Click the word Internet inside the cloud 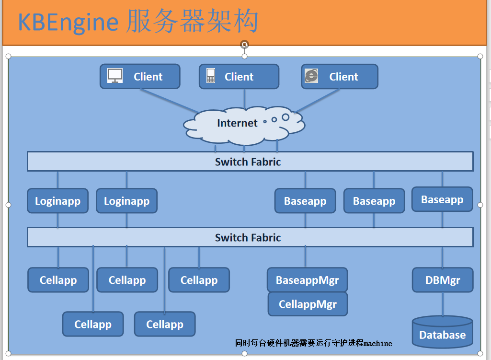(x=237, y=123)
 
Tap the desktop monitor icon (x=115, y=76)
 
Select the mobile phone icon (x=211, y=76)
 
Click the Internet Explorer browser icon (x=311, y=76)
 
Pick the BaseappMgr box (x=307, y=280)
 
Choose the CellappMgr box (x=308, y=304)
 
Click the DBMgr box (x=443, y=280)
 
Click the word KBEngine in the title (x=68, y=23)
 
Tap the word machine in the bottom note (x=378, y=343)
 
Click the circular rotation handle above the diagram (x=245, y=45)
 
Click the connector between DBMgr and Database (x=443, y=304)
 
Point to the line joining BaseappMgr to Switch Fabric (x=306, y=257)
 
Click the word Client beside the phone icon (x=239, y=77)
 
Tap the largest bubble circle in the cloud (x=285, y=117)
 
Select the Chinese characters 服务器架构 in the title (x=192, y=23)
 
